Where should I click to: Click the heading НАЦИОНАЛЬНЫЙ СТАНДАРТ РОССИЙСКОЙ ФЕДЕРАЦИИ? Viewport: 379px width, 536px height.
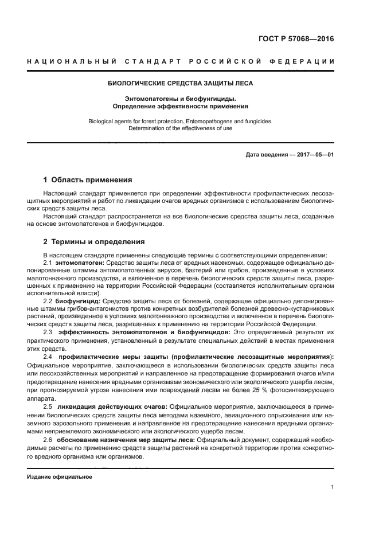pyautogui.click(x=181, y=61)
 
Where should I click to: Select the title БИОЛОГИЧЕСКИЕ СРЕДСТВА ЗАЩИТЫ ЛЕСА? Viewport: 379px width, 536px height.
pyautogui.click(x=181, y=83)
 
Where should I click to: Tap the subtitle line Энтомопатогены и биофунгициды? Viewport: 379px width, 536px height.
pyautogui.click(x=181, y=99)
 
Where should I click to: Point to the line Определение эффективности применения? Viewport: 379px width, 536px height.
pyautogui.click(x=181, y=106)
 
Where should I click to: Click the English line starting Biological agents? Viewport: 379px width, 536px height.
pyautogui.click(x=181, y=121)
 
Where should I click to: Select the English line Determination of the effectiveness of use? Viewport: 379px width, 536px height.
pyautogui.click(x=181, y=128)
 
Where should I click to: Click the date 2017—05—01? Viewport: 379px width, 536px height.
pyautogui.click(x=313, y=155)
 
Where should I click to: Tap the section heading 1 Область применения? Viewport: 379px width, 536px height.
pyautogui.click(x=88, y=179)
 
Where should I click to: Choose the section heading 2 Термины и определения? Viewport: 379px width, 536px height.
pyautogui.click(x=94, y=241)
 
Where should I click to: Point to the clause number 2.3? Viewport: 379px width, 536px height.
pyautogui.click(x=48, y=332)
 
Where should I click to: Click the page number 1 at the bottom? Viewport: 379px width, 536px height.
pyautogui.click(x=333, y=487)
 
